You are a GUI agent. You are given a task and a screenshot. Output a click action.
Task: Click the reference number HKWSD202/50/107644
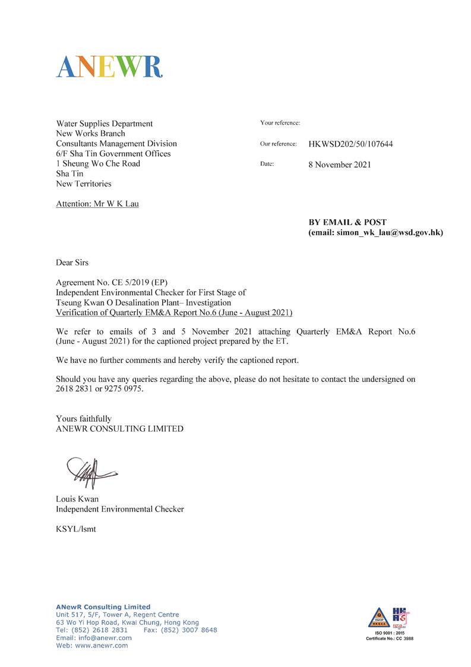coord(350,144)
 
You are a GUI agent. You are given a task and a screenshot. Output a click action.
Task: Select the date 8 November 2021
coord(339,165)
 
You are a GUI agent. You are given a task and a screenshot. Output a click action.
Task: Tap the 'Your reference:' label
coord(280,123)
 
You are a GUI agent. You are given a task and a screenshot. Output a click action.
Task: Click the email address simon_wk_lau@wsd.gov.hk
coord(390,233)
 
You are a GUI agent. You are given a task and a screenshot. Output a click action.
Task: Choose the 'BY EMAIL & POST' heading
coord(347,222)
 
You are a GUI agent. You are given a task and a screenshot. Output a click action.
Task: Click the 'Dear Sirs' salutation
coord(72,263)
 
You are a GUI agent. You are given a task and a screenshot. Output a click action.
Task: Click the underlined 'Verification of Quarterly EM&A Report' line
coord(174,312)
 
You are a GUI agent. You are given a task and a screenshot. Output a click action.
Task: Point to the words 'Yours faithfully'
coord(83,419)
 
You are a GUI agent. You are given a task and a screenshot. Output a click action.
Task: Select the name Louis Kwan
coord(77,499)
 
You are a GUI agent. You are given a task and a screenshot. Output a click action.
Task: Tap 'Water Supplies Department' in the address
coord(104,124)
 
